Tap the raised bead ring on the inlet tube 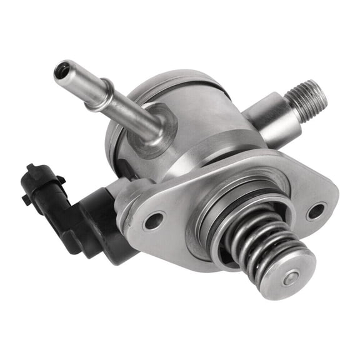coord(106,94)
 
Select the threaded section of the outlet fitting coord(306,97)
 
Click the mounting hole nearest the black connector coord(154,221)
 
